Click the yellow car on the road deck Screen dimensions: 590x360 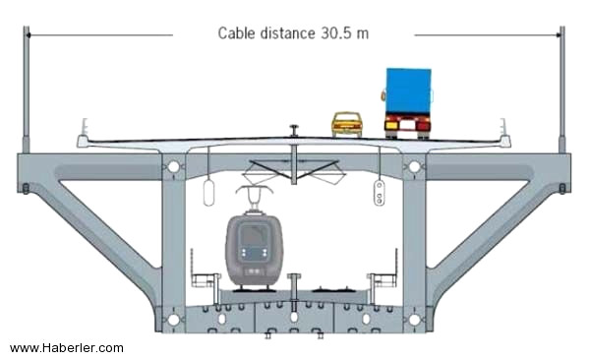[x=346, y=124]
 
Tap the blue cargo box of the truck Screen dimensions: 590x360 [x=409, y=90]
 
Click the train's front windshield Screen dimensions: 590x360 [x=255, y=235]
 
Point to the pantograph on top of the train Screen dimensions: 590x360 [x=255, y=197]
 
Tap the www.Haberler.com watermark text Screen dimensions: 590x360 [x=67, y=347]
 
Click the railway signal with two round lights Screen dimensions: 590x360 [x=380, y=193]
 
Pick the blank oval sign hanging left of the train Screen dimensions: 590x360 [x=208, y=193]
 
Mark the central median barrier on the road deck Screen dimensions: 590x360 [x=294, y=131]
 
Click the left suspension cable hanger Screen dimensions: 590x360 [x=26, y=90]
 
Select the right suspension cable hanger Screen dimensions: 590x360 [x=561, y=90]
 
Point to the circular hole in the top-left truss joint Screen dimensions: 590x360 [x=173, y=166]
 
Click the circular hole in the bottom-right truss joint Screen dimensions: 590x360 [x=414, y=320]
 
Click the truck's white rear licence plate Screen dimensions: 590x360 [x=407, y=125]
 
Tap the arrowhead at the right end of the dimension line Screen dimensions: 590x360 [x=558, y=35]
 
